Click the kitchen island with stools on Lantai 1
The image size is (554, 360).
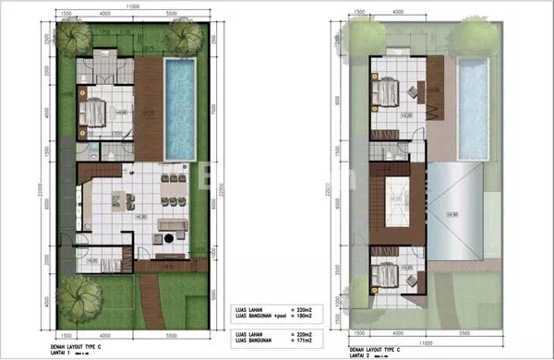(121, 199)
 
